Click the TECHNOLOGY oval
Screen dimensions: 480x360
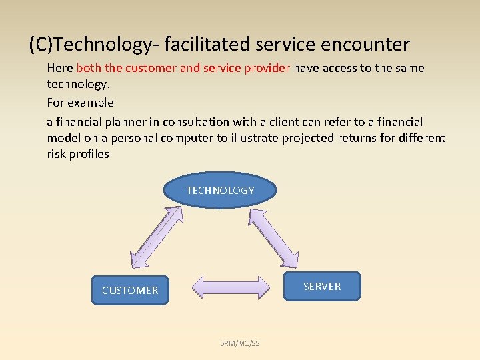coord(220,191)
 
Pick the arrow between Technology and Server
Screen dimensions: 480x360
coord(274,236)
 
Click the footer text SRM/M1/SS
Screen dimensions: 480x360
coord(240,343)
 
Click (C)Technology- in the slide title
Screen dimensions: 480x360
coord(91,45)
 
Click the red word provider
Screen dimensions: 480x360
coord(266,68)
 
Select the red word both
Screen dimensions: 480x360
coord(89,68)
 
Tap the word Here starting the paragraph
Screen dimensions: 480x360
coord(60,68)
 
